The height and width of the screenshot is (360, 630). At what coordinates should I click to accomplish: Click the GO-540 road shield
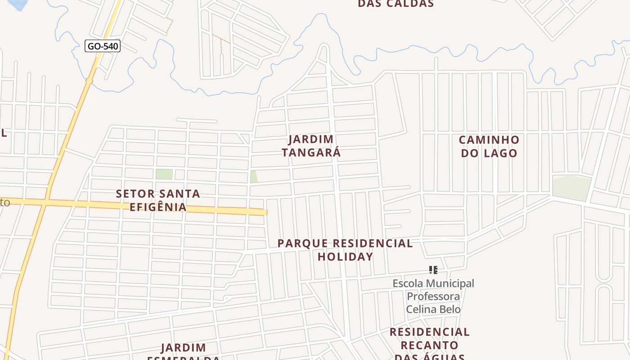[x=103, y=46]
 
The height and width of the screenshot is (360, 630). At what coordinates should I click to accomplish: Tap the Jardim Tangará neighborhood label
[x=311, y=146]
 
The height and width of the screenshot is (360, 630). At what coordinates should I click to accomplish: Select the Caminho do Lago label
[x=489, y=146]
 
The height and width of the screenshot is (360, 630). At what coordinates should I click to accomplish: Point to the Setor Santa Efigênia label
[x=158, y=200]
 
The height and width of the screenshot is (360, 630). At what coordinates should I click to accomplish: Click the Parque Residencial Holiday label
[x=345, y=250]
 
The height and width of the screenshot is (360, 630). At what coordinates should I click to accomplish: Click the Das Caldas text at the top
[x=396, y=4]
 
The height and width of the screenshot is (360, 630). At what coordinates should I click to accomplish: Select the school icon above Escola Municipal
[x=433, y=270]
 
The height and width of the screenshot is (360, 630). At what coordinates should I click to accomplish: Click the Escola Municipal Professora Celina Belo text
[x=433, y=296]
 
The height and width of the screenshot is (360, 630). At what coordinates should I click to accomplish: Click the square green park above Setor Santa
[x=164, y=174]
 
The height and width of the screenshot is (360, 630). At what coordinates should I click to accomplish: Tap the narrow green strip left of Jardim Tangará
[x=254, y=176]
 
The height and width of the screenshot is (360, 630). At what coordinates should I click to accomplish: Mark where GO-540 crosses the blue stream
[x=89, y=81]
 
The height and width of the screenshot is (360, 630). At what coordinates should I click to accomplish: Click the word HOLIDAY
[x=345, y=256]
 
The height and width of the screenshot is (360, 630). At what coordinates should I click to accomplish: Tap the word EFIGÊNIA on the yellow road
[x=158, y=207]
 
